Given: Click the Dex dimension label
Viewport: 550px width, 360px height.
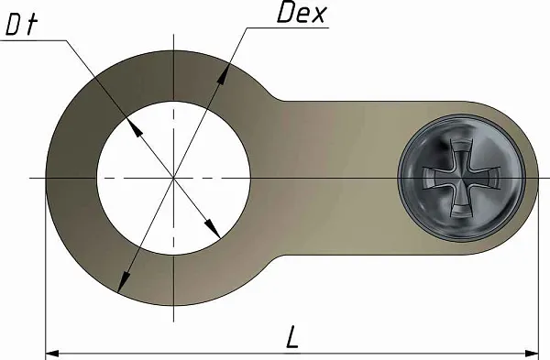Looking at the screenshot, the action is point(302,14).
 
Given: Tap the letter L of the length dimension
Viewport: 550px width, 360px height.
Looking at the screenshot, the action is point(291,337).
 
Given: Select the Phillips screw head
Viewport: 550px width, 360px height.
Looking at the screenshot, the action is point(461,178).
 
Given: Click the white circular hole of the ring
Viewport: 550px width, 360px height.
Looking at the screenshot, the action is point(173,178).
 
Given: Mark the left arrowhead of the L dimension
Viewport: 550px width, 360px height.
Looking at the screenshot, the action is point(52,353).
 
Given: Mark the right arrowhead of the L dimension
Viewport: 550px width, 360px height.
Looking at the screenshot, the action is point(532,353).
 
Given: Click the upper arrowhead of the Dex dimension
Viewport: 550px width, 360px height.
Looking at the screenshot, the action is point(223,74).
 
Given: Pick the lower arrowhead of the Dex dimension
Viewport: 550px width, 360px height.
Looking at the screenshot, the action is point(123,282).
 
